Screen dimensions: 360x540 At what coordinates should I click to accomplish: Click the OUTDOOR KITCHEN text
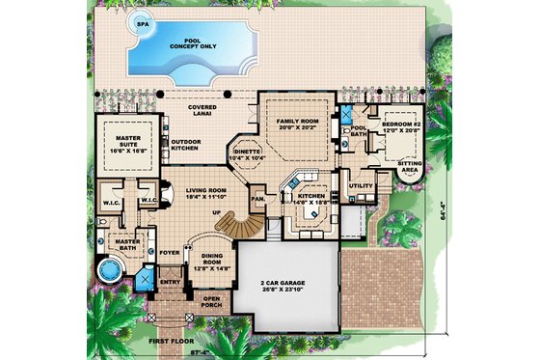click(x=185, y=144)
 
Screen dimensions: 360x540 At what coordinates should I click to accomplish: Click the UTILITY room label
click(x=361, y=185)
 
